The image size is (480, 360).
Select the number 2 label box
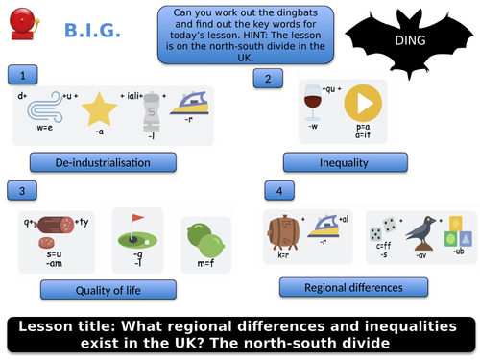coord(269,79)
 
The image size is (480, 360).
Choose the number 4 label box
coord(278,192)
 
